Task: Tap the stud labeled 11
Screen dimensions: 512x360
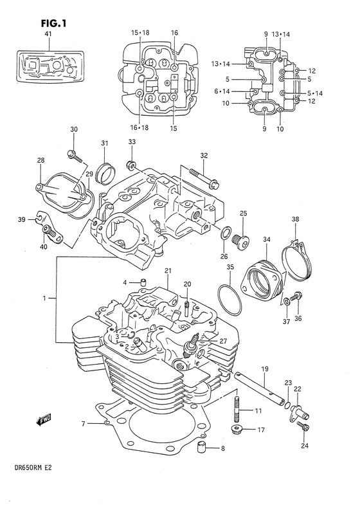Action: (x=239, y=409)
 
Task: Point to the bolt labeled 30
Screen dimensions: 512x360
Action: (x=74, y=154)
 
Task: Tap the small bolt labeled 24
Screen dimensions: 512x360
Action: (x=305, y=430)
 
